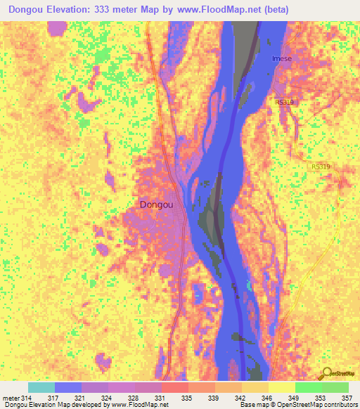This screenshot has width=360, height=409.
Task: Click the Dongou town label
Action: click(162, 204)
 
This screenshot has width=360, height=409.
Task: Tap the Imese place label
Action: click(283, 59)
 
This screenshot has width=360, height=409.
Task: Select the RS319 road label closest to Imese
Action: click(285, 102)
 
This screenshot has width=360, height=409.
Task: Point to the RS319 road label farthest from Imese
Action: click(320, 167)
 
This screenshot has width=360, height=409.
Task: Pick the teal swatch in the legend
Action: click(41, 387)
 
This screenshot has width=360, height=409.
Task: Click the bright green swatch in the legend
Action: click(308, 387)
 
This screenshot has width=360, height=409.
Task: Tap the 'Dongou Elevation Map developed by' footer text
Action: click(51, 405)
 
